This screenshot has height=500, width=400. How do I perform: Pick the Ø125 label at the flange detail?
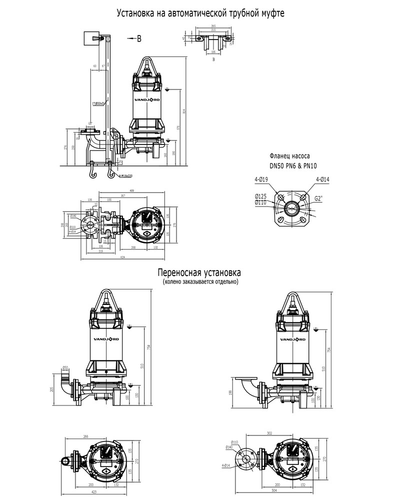261,196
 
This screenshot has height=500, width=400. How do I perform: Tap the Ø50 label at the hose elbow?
65,367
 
